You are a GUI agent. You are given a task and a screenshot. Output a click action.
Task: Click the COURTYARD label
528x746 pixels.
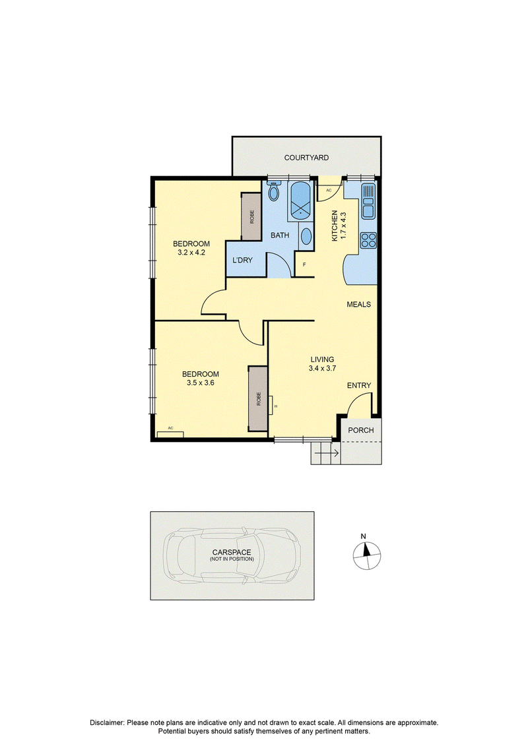click(306, 158)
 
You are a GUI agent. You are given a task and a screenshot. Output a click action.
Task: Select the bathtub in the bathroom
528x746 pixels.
click(300, 201)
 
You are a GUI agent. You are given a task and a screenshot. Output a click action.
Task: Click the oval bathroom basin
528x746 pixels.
click(306, 236)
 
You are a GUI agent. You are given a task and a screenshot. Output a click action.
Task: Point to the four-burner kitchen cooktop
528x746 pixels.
click(368, 240)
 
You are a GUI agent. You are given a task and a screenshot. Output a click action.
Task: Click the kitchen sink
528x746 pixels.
click(368, 201)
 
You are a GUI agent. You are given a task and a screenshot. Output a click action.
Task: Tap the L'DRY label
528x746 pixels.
click(242, 261)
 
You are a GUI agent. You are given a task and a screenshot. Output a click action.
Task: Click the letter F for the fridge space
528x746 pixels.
click(304, 264)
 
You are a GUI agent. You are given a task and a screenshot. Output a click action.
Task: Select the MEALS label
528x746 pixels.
click(358, 305)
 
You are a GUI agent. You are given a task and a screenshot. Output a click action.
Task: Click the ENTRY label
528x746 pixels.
click(359, 385)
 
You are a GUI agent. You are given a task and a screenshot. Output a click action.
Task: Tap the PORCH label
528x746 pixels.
click(361, 430)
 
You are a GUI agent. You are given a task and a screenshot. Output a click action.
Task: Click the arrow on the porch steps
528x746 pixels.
click(327, 453)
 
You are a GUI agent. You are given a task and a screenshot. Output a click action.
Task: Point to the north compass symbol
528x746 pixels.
click(367, 555)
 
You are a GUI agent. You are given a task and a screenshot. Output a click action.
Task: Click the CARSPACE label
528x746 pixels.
click(232, 552)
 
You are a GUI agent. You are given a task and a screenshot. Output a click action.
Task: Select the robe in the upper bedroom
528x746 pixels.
click(251, 216)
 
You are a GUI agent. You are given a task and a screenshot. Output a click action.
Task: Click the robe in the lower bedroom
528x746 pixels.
click(258, 398)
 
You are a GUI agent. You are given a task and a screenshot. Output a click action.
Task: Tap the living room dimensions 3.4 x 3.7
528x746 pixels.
click(322, 368)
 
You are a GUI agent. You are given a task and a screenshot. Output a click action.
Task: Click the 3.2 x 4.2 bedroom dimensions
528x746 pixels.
click(191, 253)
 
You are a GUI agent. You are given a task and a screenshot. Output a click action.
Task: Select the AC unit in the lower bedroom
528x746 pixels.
click(170, 433)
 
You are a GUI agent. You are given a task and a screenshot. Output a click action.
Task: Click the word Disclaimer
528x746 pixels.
click(107, 722)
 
